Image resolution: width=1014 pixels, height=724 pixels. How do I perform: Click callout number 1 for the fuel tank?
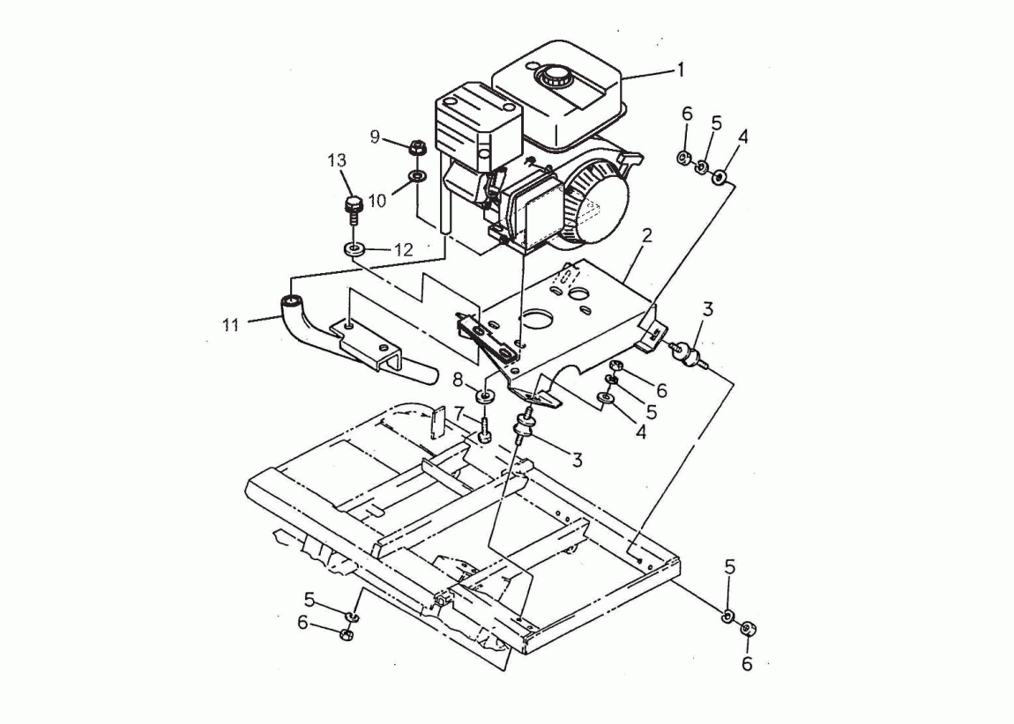[680, 69]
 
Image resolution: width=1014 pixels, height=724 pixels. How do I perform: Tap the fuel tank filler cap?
[552, 77]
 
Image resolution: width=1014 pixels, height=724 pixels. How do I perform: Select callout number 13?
[337, 160]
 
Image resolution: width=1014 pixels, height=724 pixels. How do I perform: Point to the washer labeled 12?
[354, 248]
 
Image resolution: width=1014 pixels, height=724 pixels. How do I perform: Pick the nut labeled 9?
[416, 146]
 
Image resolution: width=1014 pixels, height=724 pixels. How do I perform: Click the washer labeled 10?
[417, 175]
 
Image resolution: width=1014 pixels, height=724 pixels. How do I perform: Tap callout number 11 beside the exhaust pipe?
[231, 325]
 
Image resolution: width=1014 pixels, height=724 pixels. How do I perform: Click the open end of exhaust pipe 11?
[293, 301]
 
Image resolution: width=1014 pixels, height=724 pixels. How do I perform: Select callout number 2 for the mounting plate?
[646, 235]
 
